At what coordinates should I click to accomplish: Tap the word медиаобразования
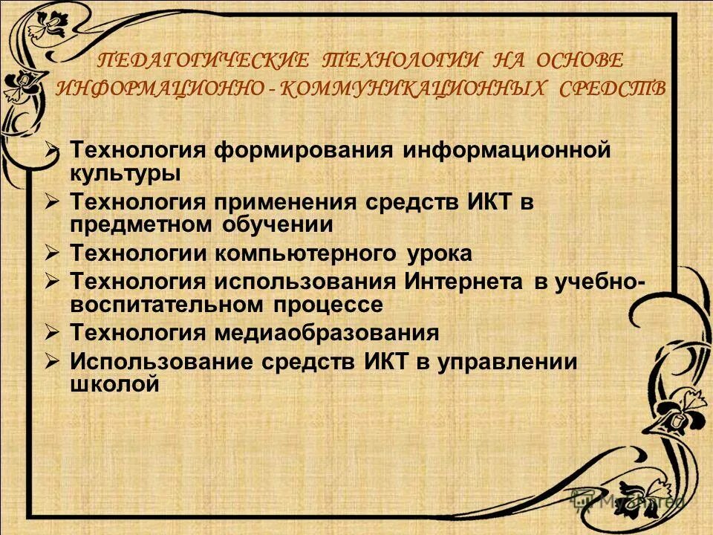pos(328,332)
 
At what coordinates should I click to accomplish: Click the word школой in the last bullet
pos(114,384)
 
